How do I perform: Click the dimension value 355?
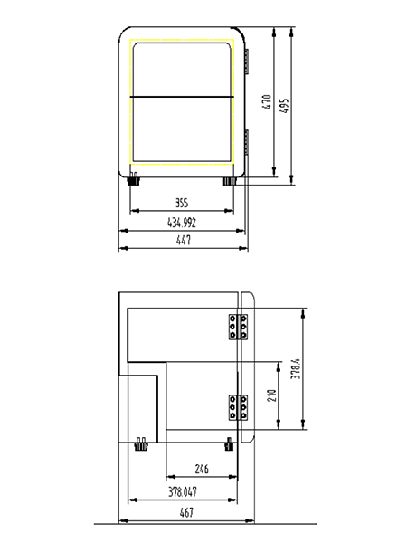click(182, 204)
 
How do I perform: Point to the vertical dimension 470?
click(267, 103)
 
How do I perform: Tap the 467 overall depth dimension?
click(186, 513)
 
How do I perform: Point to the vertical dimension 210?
click(270, 395)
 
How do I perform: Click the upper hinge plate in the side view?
click(239, 328)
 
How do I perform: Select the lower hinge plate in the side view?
click(239, 409)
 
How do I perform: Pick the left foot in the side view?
click(140, 443)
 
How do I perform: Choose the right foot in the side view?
click(229, 443)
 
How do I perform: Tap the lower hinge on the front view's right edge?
click(248, 145)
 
